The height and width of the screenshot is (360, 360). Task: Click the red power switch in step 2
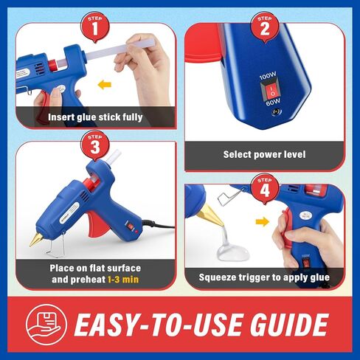271,92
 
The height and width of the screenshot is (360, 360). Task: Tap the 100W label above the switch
270,75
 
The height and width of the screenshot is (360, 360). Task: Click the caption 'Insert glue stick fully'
95,117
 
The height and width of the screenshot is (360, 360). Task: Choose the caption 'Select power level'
264,154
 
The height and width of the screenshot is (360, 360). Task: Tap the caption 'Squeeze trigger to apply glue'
264,277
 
